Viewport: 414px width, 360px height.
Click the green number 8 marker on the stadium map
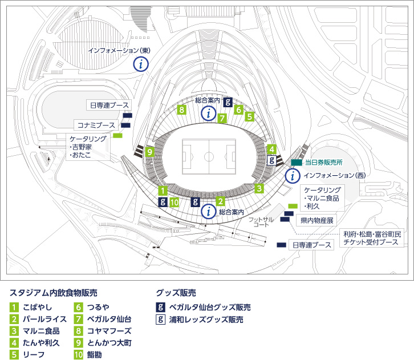click(182, 110)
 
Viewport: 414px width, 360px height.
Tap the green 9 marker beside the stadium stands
click(149, 152)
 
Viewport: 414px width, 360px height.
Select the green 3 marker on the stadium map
click(259, 188)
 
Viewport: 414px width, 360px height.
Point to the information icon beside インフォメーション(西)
click(291, 175)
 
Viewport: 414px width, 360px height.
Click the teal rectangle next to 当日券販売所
click(297, 163)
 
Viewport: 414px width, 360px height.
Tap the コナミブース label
click(96, 125)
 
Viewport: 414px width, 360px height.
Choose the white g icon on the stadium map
click(273, 160)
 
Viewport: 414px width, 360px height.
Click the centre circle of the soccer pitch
click(208, 156)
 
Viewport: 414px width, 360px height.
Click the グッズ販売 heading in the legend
click(176, 293)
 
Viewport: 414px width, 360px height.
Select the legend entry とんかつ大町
click(109, 343)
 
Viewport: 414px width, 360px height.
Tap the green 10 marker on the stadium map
click(175, 201)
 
